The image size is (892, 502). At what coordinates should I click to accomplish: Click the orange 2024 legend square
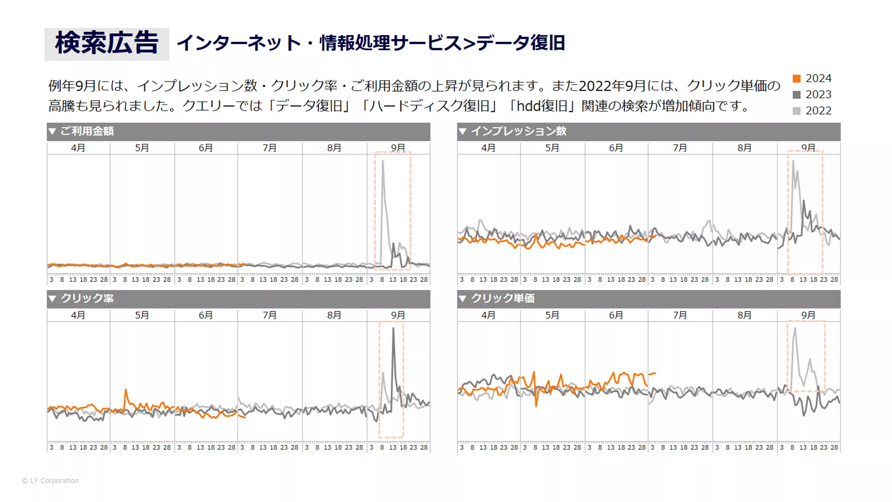796,79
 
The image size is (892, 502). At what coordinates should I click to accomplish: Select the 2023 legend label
818,95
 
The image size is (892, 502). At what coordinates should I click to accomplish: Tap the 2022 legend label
818,111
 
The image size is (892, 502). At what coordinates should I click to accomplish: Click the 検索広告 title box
107,44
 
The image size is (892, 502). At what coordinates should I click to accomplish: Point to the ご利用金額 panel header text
87,131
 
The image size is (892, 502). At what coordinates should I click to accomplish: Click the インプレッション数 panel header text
518,131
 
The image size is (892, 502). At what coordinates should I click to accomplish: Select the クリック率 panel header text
87,298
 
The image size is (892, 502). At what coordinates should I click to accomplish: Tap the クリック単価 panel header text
503,298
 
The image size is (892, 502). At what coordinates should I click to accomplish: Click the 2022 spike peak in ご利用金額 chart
383,161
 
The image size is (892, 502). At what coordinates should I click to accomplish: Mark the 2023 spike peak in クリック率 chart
393,328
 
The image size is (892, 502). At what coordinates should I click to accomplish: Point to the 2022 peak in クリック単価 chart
795,328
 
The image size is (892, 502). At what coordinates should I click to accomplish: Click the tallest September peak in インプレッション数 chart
793,161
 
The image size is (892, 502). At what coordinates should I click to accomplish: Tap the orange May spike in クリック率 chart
126,390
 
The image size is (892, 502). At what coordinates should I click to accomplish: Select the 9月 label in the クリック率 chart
398,315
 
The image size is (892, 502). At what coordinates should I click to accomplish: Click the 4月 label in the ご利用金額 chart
78,148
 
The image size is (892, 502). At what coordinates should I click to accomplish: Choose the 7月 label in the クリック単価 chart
680,315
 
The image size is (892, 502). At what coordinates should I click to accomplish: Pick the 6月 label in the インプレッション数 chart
616,148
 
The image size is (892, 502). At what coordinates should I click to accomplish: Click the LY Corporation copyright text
50,481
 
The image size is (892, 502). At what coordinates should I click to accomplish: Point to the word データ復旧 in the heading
521,43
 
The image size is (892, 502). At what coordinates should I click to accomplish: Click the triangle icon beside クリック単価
462,299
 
